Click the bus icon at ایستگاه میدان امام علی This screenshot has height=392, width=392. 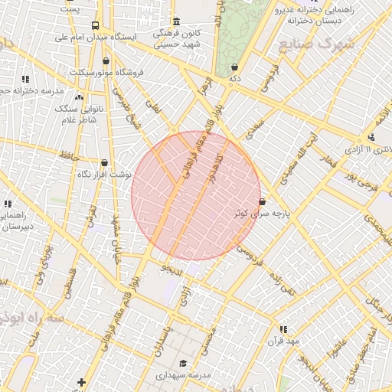coord(95,24)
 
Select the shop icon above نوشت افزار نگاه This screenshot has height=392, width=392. coord(104,162)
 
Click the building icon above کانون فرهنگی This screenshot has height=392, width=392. coord(177,21)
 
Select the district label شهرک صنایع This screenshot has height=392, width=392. coord(317,44)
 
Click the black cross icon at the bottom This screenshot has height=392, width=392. coord(82,381)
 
